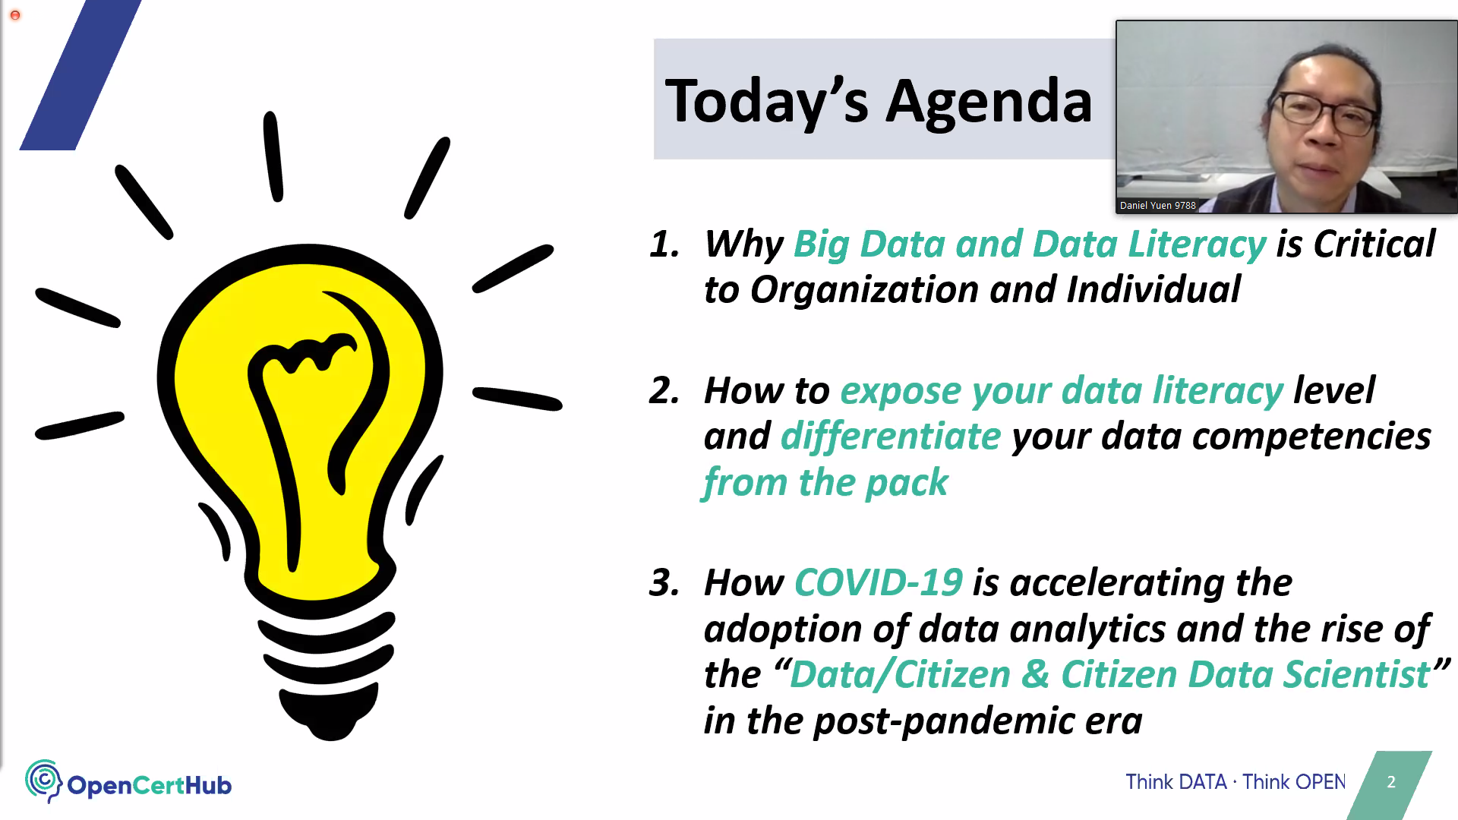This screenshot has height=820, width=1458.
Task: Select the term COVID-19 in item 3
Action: (879, 583)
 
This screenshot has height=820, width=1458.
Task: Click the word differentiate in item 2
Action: (891, 437)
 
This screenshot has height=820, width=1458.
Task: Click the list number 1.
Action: (664, 244)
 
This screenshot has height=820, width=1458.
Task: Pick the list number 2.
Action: (664, 391)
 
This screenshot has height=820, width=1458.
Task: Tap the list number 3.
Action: (664, 583)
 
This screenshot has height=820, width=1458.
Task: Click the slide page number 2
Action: (1391, 782)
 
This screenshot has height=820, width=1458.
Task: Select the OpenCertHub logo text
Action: (149, 785)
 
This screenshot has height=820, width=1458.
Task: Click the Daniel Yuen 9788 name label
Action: (1158, 206)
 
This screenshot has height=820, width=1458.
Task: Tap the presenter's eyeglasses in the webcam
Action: (1325, 114)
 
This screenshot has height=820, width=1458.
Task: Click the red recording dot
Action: (15, 15)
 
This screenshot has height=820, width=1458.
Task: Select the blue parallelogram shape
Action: (80, 74)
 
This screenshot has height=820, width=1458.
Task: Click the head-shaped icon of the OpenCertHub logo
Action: (44, 781)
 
